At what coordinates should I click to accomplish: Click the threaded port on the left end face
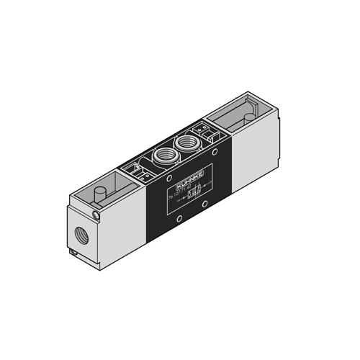point(79,233)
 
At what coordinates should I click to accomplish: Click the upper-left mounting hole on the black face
point(156,189)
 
